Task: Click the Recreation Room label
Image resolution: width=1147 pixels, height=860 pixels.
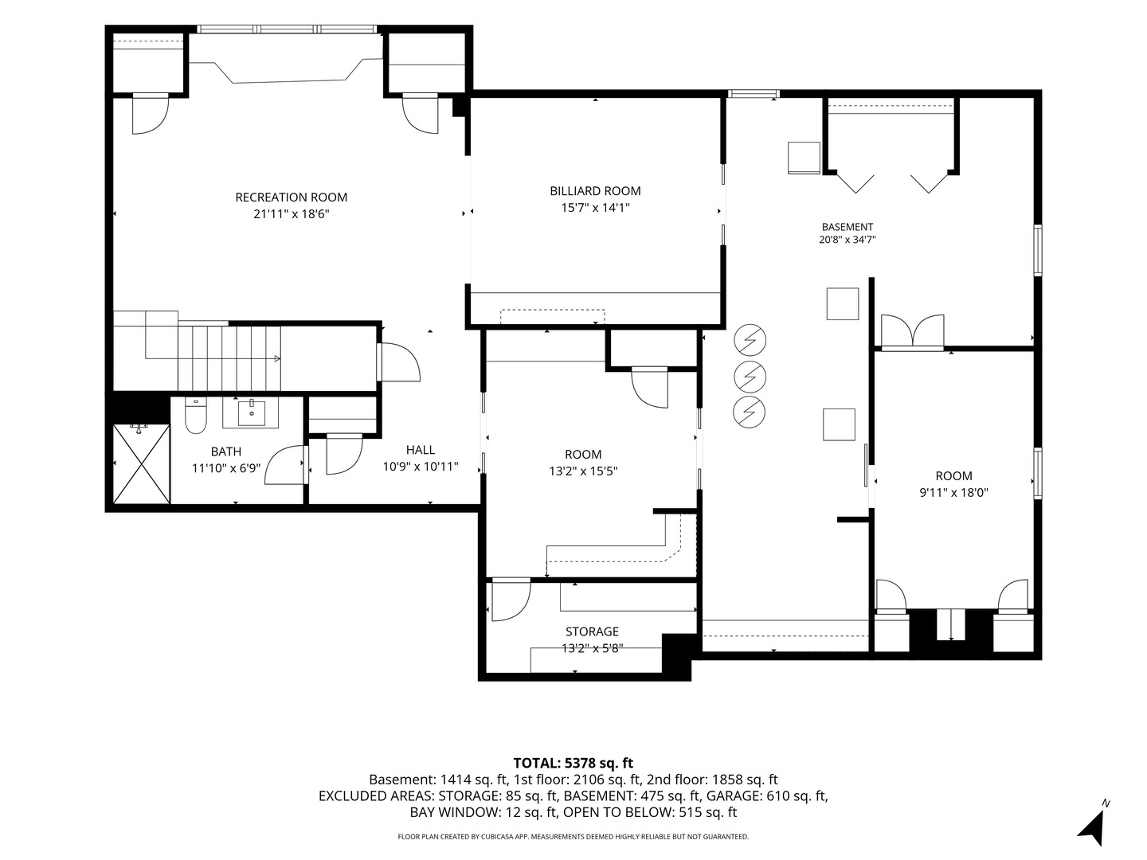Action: point(291,197)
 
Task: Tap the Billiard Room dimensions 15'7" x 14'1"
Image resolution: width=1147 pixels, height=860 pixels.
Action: point(595,208)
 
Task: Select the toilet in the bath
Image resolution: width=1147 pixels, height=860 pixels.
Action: point(196,416)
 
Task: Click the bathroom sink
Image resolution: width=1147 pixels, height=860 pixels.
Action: point(252,413)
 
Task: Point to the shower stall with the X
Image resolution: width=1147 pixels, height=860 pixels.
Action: point(142,463)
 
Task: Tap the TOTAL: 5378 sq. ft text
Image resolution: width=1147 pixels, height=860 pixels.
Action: point(573,763)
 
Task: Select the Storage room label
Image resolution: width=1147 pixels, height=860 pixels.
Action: point(592,631)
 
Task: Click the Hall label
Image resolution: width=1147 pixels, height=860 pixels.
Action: point(421,450)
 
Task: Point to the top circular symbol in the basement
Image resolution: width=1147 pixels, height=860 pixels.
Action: point(750,341)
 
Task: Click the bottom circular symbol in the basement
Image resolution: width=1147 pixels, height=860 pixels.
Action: point(750,412)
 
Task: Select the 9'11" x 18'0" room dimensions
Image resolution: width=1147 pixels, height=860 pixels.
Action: point(953,492)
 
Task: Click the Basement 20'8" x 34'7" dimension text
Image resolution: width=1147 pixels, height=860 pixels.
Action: point(847,240)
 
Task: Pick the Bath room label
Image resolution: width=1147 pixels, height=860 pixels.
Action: point(226,451)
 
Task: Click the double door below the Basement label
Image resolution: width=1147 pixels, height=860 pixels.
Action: point(912,331)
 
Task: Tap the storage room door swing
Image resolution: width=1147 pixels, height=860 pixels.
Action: point(511,600)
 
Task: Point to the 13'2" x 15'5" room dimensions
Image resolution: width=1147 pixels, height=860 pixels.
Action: point(583,471)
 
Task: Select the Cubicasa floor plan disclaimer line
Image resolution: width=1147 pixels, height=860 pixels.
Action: point(573,836)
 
